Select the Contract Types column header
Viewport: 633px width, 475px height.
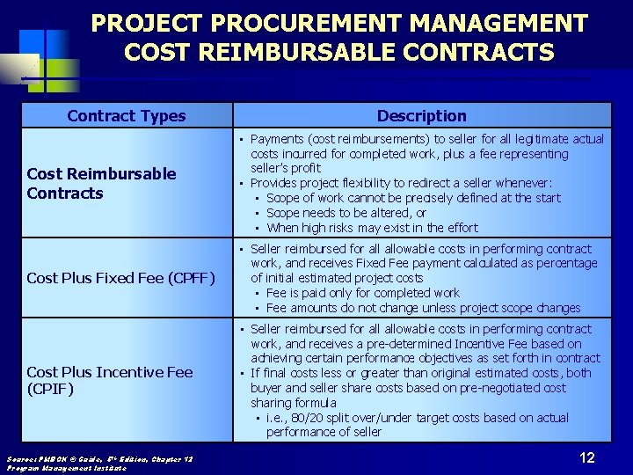(127, 115)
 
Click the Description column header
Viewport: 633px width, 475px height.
(422, 115)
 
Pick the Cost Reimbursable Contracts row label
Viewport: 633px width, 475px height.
(101, 183)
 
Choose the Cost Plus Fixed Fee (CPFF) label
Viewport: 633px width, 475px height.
(120, 278)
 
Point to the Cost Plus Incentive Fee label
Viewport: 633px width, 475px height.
(110, 372)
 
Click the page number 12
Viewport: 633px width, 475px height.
(587, 457)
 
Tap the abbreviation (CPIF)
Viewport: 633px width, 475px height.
(51, 388)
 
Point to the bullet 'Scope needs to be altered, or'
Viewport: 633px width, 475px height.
(346, 213)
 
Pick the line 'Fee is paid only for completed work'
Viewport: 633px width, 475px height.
(362, 293)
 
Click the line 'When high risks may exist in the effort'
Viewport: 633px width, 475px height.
(372, 228)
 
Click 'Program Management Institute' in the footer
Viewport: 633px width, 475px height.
(66, 468)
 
